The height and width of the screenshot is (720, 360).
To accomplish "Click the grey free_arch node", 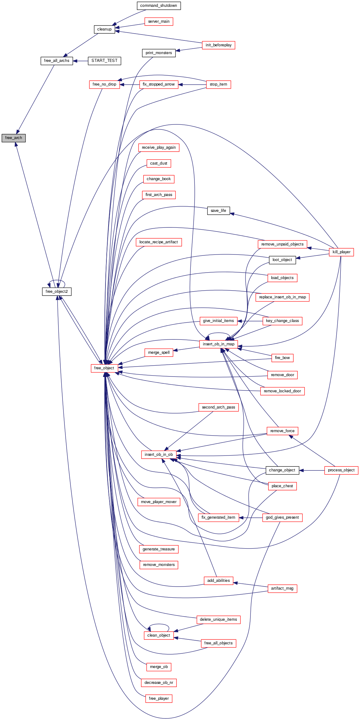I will [13, 138].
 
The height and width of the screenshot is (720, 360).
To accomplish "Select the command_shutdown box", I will [158, 6].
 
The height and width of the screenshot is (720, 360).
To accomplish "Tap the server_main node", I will [159, 21].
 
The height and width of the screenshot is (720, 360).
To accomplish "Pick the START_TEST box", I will [104, 61].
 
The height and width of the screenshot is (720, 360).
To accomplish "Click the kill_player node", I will [341, 252].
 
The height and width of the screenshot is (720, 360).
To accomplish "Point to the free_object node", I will [104, 368].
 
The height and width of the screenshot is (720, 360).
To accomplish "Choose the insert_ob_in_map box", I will [218, 344].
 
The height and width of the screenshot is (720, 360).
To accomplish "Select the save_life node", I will [218, 211].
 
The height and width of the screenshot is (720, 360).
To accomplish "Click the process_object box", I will [341, 470].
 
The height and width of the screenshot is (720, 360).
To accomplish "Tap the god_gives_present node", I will [282, 517].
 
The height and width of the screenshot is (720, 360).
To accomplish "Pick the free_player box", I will [159, 699].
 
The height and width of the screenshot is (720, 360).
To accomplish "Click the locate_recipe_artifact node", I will [159, 242].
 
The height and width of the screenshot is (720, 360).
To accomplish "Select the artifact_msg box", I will [282, 588].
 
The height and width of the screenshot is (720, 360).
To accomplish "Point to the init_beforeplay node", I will [218, 45].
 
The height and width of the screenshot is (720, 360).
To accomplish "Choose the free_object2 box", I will [57, 292].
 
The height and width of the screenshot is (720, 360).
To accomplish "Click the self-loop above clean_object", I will [159, 624].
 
